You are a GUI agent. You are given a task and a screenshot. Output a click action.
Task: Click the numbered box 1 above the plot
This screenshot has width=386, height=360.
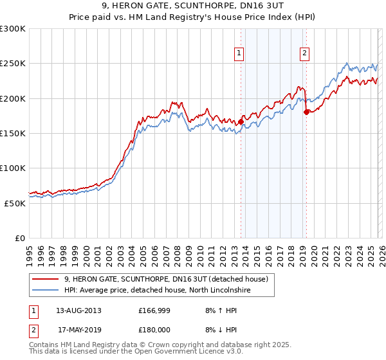239,53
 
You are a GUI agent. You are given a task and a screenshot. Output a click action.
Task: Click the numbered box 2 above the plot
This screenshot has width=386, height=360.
304,53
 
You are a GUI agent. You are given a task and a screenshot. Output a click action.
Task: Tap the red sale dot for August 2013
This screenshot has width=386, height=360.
241,121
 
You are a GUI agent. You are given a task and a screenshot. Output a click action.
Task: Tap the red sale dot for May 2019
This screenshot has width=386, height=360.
306,112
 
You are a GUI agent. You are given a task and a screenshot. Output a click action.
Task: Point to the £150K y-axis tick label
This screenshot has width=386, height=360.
13,133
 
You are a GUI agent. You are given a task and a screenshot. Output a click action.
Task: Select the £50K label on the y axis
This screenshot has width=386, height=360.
15,203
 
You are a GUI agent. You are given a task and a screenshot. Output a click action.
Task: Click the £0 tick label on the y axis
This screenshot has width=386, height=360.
20,238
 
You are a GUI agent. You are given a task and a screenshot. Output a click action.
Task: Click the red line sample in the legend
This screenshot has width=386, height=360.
46,279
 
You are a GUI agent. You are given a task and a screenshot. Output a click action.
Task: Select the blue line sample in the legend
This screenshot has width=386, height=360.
46,291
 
